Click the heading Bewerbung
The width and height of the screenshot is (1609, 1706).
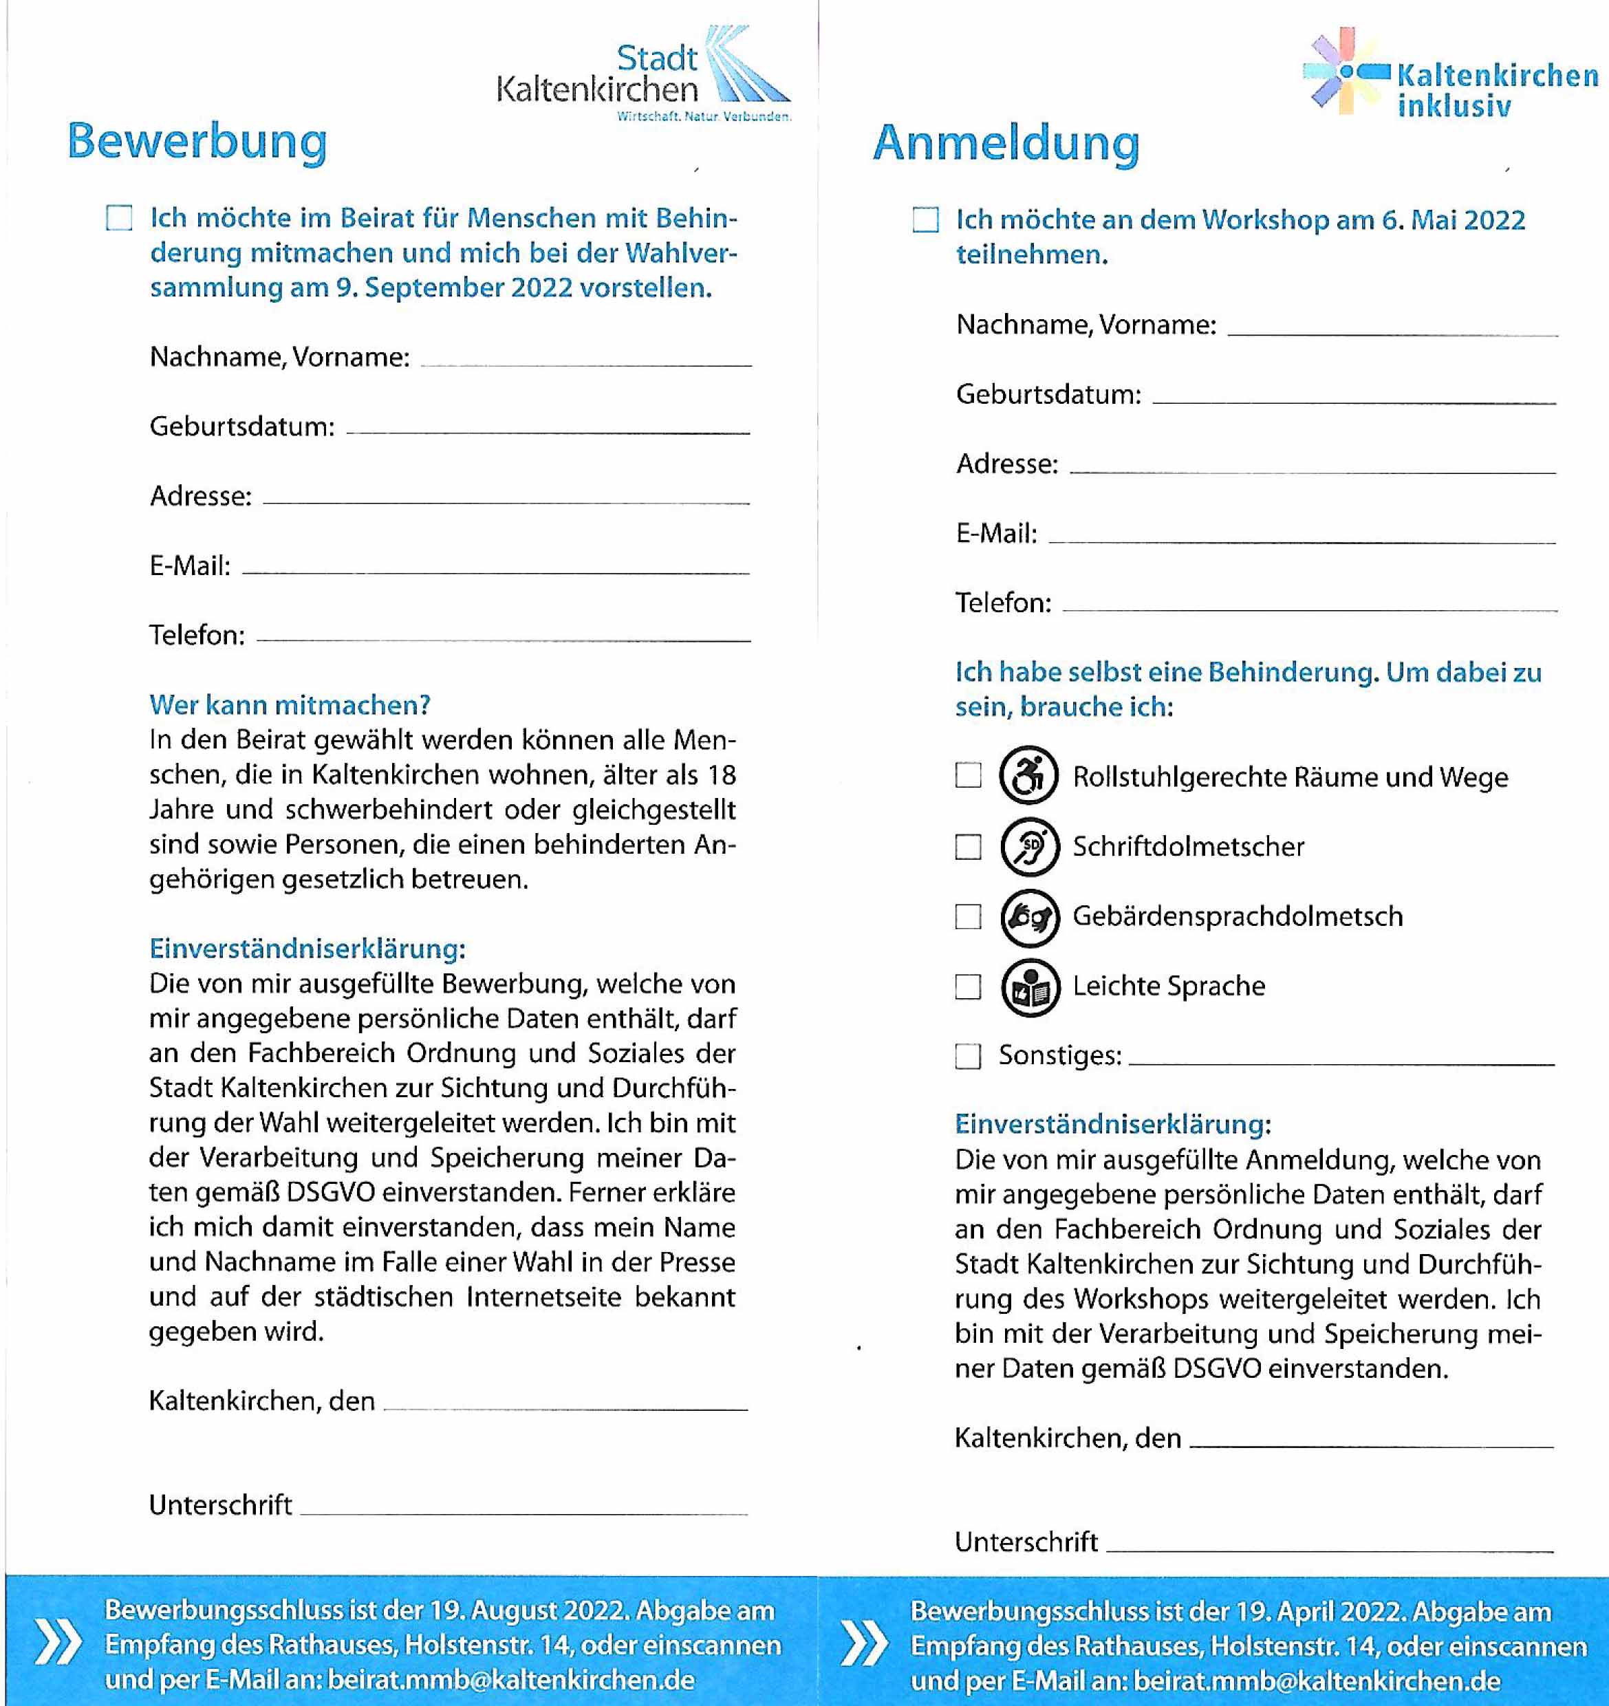pyautogui.click(x=197, y=142)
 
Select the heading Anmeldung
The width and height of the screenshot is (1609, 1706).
pyautogui.click(x=1006, y=143)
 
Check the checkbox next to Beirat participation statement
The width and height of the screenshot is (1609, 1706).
pyautogui.click(x=119, y=218)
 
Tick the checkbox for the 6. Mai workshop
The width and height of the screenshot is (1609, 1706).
pyautogui.click(x=925, y=219)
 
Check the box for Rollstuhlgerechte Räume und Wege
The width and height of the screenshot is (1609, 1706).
pyautogui.click(x=968, y=775)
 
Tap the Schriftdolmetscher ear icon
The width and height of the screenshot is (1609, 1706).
pyautogui.click(x=1029, y=846)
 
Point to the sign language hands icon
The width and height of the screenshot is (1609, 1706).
pyautogui.click(x=1029, y=916)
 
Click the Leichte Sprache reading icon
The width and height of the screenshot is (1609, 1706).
pyautogui.click(x=1029, y=987)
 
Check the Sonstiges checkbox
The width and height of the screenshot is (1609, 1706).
pyautogui.click(x=968, y=1055)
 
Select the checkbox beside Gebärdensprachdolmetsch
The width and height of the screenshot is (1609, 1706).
pyautogui.click(x=968, y=916)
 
